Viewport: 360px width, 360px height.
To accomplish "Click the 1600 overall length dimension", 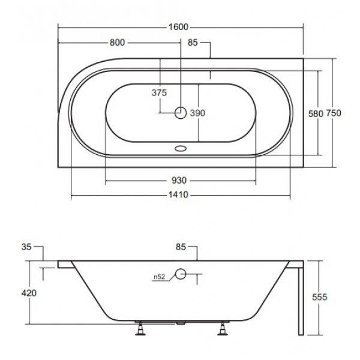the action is (x=178, y=27).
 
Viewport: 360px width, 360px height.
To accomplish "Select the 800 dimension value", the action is (x=117, y=43).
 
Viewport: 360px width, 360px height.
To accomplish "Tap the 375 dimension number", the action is (x=159, y=93).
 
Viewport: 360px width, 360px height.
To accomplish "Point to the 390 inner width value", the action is (x=197, y=113).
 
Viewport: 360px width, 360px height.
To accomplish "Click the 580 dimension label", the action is (x=316, y=113).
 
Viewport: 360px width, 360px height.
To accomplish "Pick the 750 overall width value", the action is (x=334, y=113).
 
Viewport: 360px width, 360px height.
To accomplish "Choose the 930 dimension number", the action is (x=179, y=181).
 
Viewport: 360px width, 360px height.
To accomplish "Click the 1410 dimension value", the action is (x=178, y=195).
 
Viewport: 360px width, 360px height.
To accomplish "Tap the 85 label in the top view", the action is (x=193, y=43).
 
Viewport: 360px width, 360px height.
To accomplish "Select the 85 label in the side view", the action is (x=181, y=247).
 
